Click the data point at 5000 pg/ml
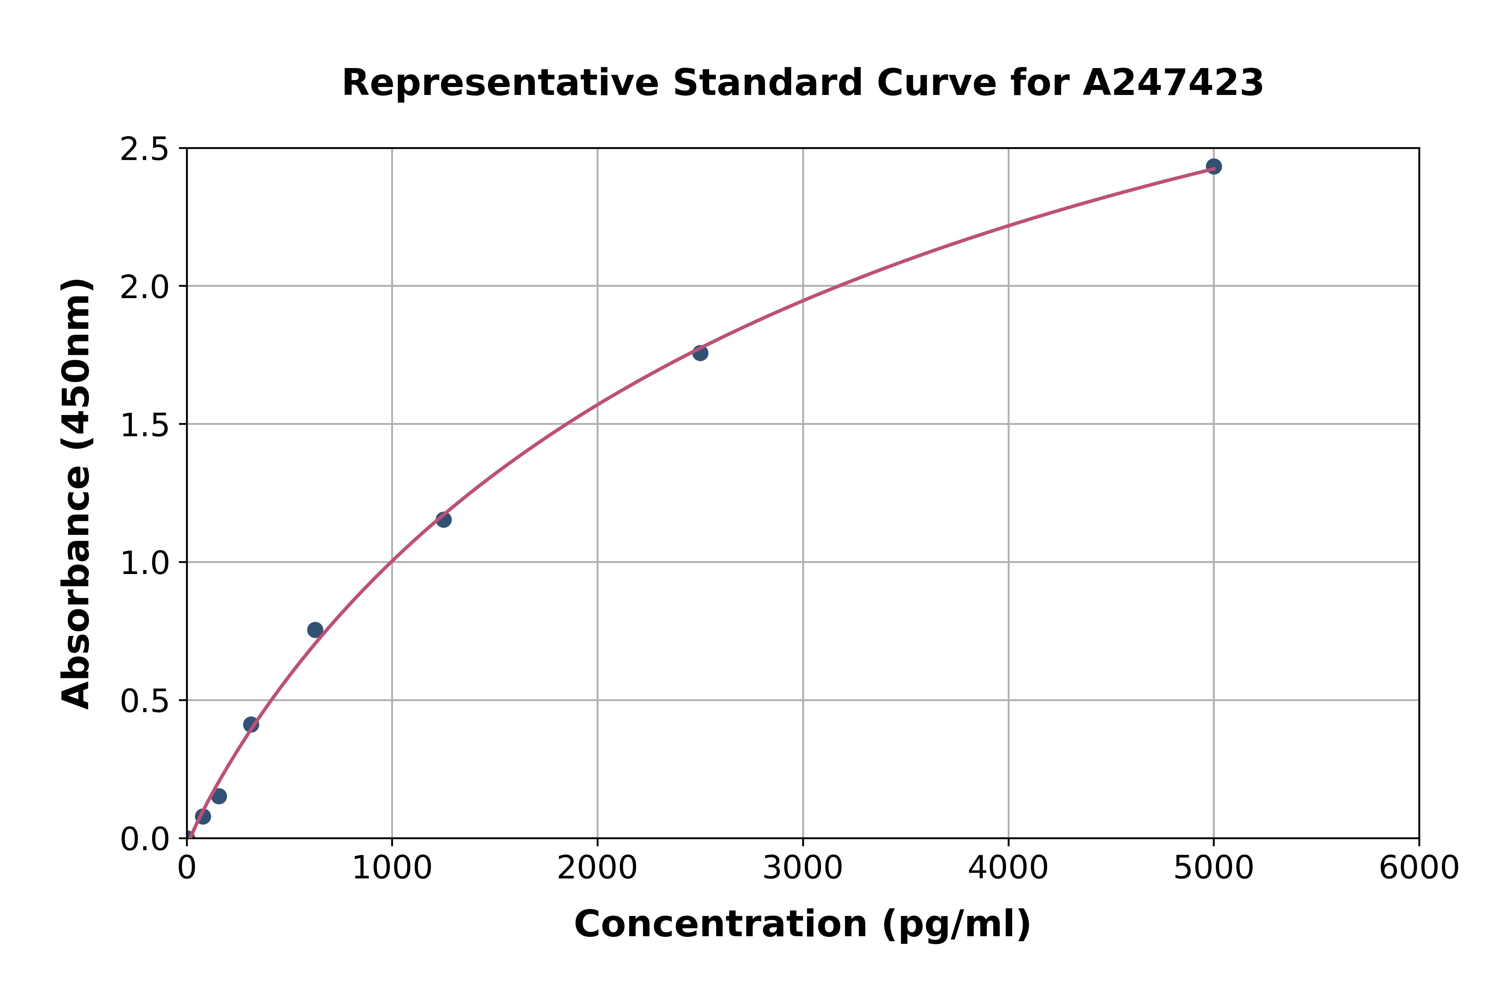[1213, 167]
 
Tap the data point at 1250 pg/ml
[443, 520]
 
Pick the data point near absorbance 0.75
[315, 630]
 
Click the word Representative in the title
[500, 83]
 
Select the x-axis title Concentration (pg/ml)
[802, 924]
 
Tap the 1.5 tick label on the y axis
[145, 425]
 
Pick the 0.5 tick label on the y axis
[145, 700]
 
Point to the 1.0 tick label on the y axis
[145, 563]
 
